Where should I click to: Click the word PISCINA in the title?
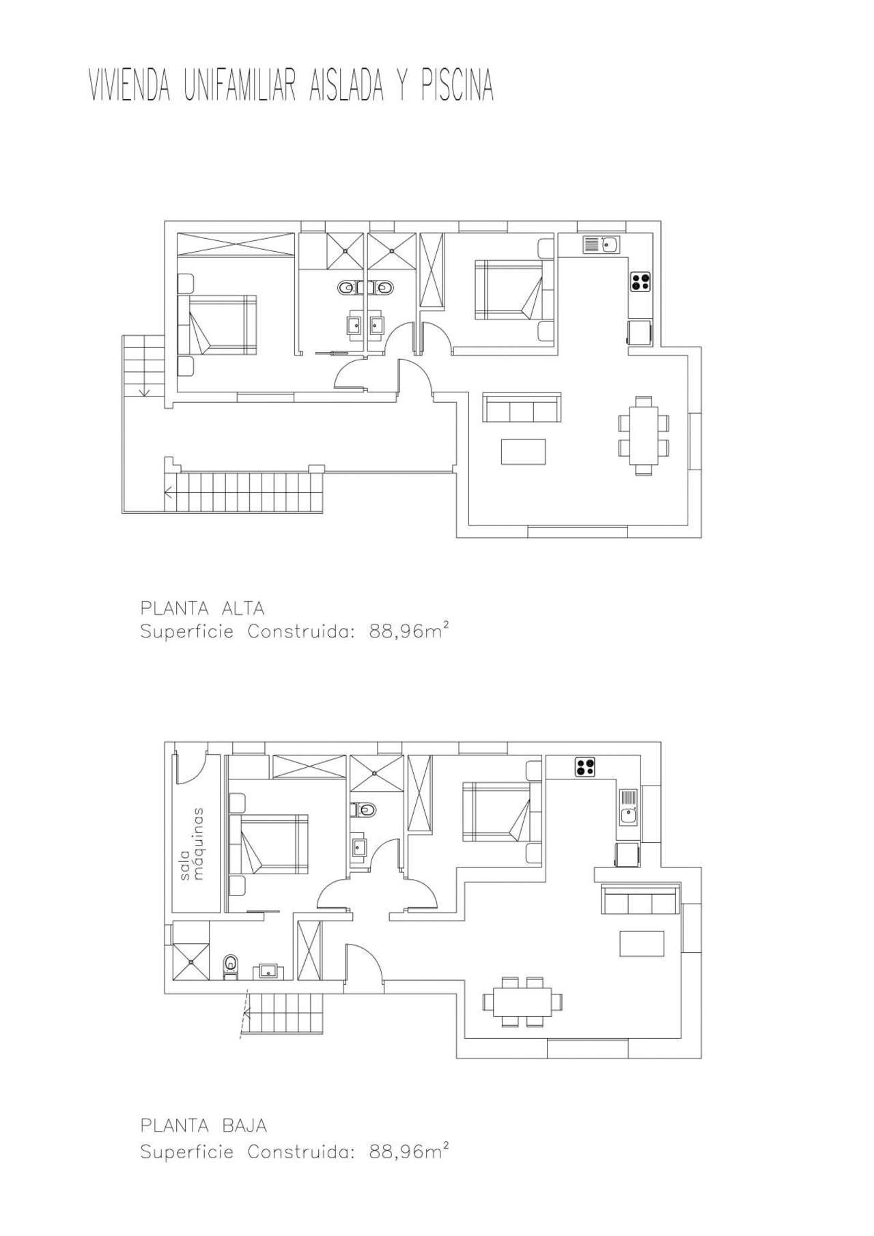click(x=457, y=87)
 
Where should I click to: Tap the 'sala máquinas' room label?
click(x=192, y=844)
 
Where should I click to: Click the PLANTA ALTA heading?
click(x=202, y=607)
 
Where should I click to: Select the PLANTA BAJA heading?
click(x=203, y=1125)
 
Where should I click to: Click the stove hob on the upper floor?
click(x=640, y=282)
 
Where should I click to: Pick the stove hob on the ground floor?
click(x=584, y=766)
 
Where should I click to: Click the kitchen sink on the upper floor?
click(x=601, y=244)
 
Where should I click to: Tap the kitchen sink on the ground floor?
click(x=628, y=806)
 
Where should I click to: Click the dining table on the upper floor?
click(x=643, y=435)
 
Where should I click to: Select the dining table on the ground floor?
click(x=523, y=1002)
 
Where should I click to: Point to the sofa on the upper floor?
click(x=522, y=407)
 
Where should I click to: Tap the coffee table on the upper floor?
click(x=523, y=452)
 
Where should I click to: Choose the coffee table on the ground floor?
click(x=642, y=943)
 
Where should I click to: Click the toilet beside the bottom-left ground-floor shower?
click(x=230, y=966)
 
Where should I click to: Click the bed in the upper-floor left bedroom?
click(x=217, y=325)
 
